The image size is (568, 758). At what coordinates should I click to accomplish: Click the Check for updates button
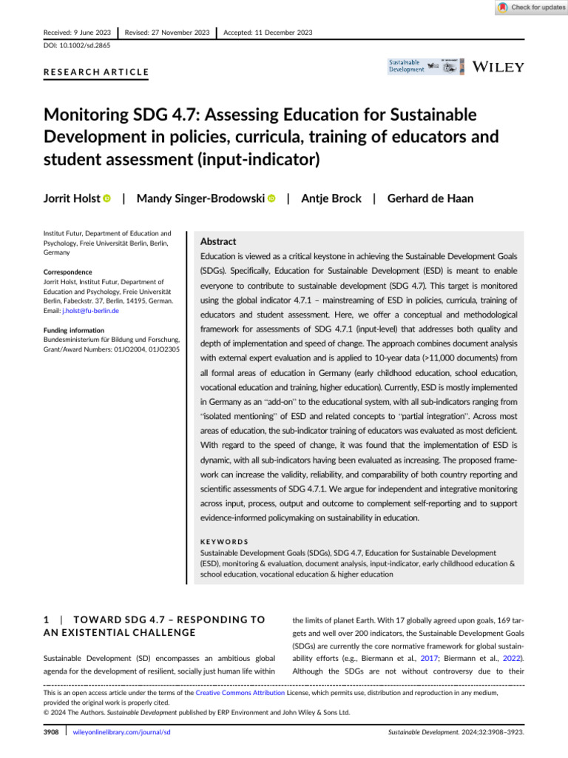pos(531,7)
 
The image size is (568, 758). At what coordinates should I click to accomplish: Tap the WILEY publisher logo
pos(498,67)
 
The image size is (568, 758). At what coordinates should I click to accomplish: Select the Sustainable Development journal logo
pos(408,66)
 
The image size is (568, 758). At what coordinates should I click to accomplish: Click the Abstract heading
pos(219,241)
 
